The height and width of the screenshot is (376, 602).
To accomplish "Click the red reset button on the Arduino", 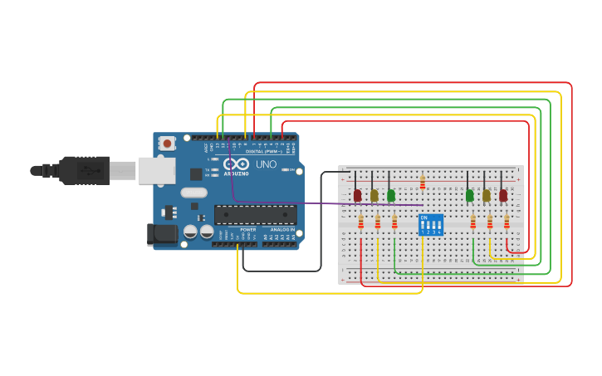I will [x=167, y=144].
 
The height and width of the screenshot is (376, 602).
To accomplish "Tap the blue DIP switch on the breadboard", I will [x=431, y=224].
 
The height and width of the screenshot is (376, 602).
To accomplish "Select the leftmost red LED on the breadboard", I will [x=358, y=196].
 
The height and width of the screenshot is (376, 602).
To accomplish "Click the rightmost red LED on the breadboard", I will [x=503, y=196].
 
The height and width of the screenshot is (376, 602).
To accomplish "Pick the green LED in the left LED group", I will [x=391, y=196].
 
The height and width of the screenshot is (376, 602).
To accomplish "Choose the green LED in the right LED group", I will [x=469, y=196].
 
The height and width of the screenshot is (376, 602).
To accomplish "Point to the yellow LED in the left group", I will [x=374, y=196].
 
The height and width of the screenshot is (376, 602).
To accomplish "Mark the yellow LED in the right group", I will [x=487, y=196].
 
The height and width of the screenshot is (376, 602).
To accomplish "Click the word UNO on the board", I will [x=266, y=164].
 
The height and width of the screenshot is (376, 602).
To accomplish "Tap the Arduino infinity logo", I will [x=235, y=164].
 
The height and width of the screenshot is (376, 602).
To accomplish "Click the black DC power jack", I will [x=162, y=235].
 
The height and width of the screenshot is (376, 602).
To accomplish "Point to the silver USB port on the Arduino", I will [x=156, y=170].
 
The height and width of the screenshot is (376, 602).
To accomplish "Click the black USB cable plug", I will [x=83, y=170].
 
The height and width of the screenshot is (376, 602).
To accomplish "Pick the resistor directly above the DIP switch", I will [x=423, y=182].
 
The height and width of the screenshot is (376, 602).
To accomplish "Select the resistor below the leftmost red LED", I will [x=360, y=222].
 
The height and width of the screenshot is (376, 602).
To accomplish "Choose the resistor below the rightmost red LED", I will [x=507, y=222].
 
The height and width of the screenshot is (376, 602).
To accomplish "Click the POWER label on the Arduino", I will [x=247, y=229].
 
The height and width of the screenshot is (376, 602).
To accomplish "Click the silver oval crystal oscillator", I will [x=193, y=193].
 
